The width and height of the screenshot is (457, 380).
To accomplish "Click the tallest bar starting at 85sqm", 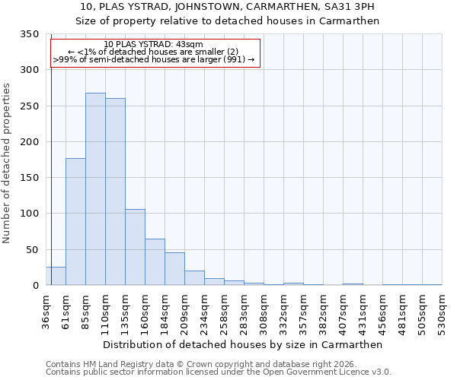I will (95, 188).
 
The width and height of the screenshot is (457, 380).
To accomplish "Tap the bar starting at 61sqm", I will (75, 221).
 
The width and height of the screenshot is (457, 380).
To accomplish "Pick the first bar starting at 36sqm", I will (56, 276).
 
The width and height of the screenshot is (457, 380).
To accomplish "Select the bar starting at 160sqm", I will (155, 262).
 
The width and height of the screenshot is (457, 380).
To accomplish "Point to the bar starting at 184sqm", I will (174, 269).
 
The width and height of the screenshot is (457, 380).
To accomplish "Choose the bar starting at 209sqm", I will (194, 278).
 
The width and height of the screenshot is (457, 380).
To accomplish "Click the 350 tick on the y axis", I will (30, 34).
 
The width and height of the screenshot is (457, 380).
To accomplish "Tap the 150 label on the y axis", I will (30, 178).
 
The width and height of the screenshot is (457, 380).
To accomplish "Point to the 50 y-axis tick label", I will (33, 249).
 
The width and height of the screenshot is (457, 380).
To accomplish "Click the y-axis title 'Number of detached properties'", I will (8, 163).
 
